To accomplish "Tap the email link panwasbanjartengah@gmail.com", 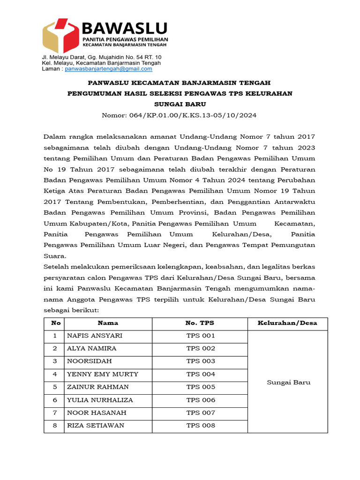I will [108, 69].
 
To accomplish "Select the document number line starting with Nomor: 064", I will [180, 115].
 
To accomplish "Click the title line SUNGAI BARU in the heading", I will [180, 104].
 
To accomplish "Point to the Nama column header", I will [108, 323].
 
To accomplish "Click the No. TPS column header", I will [200, 323].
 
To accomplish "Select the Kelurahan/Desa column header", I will [287, 323].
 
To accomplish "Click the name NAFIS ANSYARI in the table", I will [95, 336].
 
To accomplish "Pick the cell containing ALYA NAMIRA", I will [92, 348].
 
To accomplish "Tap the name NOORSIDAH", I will [90, 361].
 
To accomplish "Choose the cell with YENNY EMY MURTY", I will [103, 374].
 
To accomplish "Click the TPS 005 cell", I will [201, 387].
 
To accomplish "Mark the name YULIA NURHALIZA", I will [100, 400].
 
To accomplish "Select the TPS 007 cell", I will [201, 412].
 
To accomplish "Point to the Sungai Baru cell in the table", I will [288, 382].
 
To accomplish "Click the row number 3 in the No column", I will [55, 361].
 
